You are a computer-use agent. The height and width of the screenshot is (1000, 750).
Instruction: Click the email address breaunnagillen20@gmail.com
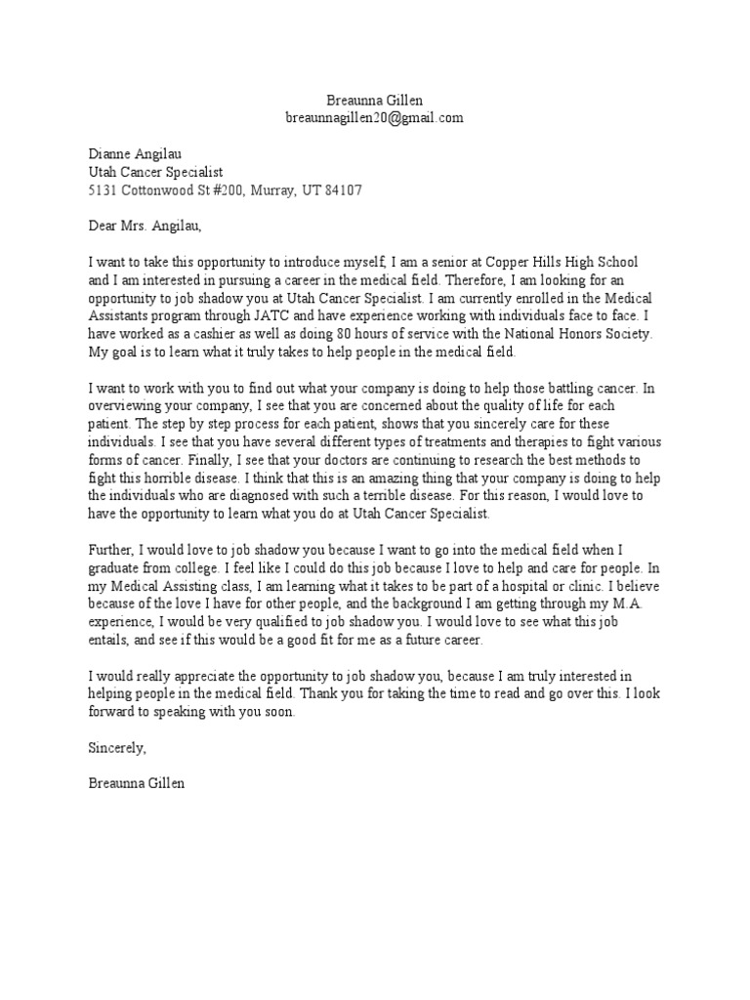[373, 118]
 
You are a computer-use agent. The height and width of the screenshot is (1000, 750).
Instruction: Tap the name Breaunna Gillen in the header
[374, 101]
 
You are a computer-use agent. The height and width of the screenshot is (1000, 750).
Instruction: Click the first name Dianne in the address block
[108, 153]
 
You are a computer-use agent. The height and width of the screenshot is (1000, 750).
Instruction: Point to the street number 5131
[102, 189]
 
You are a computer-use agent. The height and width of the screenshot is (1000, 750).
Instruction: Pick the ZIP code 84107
[342, 189]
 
